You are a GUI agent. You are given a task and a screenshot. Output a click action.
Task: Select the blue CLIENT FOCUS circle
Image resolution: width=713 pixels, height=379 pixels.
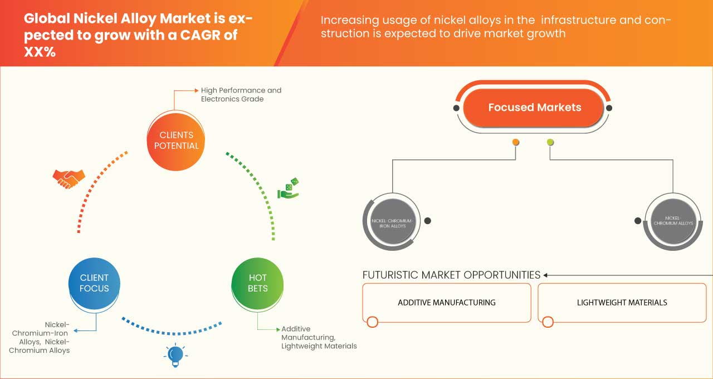coord(94,283)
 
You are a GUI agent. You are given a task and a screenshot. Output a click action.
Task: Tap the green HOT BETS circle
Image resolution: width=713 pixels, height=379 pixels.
coord(257,283)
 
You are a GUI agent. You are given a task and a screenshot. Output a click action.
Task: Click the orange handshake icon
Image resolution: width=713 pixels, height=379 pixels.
coord(69,178)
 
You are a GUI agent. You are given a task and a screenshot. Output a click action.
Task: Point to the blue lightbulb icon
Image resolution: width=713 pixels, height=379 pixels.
coord(175,354)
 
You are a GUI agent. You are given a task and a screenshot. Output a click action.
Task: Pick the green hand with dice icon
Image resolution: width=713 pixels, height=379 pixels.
coord(289,188)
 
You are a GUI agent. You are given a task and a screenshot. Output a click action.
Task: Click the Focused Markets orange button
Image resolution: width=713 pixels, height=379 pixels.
coord(534,108)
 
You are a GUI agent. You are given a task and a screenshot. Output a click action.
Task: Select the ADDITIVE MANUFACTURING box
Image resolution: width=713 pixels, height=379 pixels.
coord(446,303)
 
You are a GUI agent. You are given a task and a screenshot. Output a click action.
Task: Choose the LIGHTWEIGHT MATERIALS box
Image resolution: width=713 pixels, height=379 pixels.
coord(622,303)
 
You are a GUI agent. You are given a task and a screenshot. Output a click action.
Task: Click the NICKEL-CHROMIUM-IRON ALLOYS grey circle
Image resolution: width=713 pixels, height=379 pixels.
coord(392,223)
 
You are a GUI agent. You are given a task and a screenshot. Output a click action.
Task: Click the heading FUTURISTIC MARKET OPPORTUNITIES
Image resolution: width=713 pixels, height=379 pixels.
coord(451,275)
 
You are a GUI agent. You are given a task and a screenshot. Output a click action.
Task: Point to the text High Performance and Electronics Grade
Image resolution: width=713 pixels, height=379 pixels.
coord(241,95)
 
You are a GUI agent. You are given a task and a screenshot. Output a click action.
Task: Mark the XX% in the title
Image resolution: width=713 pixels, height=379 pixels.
coord(40,51)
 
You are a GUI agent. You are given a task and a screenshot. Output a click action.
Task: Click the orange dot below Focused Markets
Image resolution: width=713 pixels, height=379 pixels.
coord(516,142)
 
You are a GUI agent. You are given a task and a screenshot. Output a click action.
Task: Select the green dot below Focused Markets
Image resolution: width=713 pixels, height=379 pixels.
coord(550,142)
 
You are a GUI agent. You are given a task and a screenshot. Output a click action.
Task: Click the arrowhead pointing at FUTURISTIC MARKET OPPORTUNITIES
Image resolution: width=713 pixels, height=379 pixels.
coord(546,275)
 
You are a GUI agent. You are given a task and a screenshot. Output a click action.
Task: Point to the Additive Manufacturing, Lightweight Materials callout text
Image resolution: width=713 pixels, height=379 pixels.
coord(318,337)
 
